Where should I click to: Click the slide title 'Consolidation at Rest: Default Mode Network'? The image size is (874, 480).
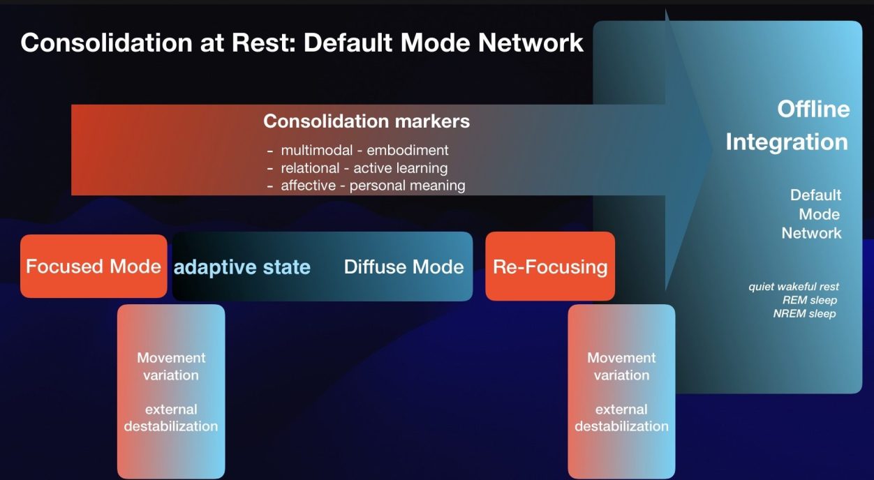[x=302, y=43]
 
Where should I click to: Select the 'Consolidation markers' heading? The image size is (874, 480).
[x=366, y=121]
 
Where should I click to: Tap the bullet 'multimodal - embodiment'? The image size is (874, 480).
[x=364, y=150]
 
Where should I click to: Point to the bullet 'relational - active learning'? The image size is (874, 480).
[x=364, y=167]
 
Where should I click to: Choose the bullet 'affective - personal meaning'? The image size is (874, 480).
[x=373, y=186]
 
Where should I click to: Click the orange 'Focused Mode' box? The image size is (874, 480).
[x=94, y=267]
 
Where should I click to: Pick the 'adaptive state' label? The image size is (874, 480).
[x=242, y=267]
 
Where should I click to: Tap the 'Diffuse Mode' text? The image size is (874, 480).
[x=403, y=267]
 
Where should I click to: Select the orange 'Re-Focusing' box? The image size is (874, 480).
[x=550, y=267]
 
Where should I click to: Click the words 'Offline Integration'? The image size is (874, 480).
[x=787, y=126]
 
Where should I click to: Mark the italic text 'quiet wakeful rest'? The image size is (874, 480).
[x=794, y=287]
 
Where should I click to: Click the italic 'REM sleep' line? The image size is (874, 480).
[x=810, y=300]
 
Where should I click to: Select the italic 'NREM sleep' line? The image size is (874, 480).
[x=804, y=313]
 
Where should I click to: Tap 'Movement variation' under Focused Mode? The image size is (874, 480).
[x=171, y=366]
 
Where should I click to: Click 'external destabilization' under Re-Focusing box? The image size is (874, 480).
[x=621, y=417]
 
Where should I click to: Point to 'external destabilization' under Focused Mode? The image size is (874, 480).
[x=171, y=417]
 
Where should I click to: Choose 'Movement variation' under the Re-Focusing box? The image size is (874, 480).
[x=621, y=366]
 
